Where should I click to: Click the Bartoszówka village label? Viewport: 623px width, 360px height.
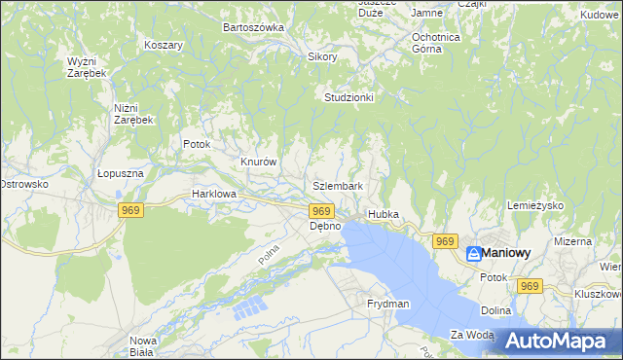click(253, 27)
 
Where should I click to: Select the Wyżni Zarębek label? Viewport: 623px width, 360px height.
click(87, 67)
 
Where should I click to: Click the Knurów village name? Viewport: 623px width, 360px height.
click(259, 162)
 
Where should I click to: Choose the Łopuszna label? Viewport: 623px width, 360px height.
click(121, 173)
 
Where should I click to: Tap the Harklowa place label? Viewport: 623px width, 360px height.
click(214, 194)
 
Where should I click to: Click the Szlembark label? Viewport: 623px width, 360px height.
click(339, 186)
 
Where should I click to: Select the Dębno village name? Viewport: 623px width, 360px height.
click(325, 226)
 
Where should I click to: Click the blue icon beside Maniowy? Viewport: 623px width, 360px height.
click(473, 254)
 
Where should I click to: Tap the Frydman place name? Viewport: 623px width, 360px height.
click(388, 305)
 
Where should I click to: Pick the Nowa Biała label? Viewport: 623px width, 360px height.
click(143, 346)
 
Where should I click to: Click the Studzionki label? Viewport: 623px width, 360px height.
click(349, 97)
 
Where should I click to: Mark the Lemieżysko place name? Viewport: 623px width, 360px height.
click(536, 206)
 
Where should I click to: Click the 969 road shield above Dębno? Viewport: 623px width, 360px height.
click(321, 210)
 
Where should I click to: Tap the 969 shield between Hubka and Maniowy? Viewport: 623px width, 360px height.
click(445, 241)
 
